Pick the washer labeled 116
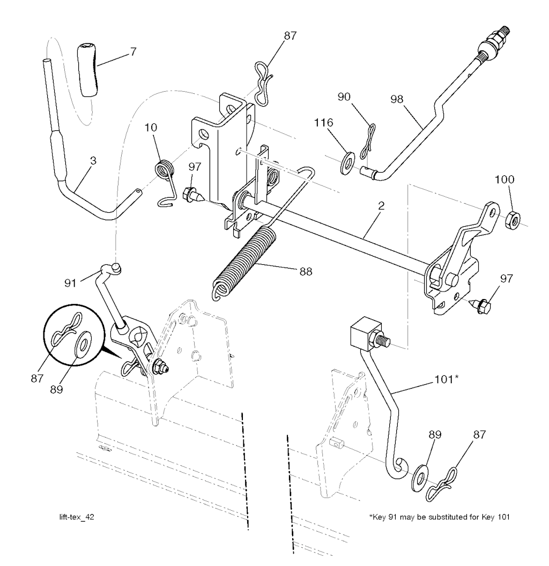point(347,161)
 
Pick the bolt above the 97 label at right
point(480,307)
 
